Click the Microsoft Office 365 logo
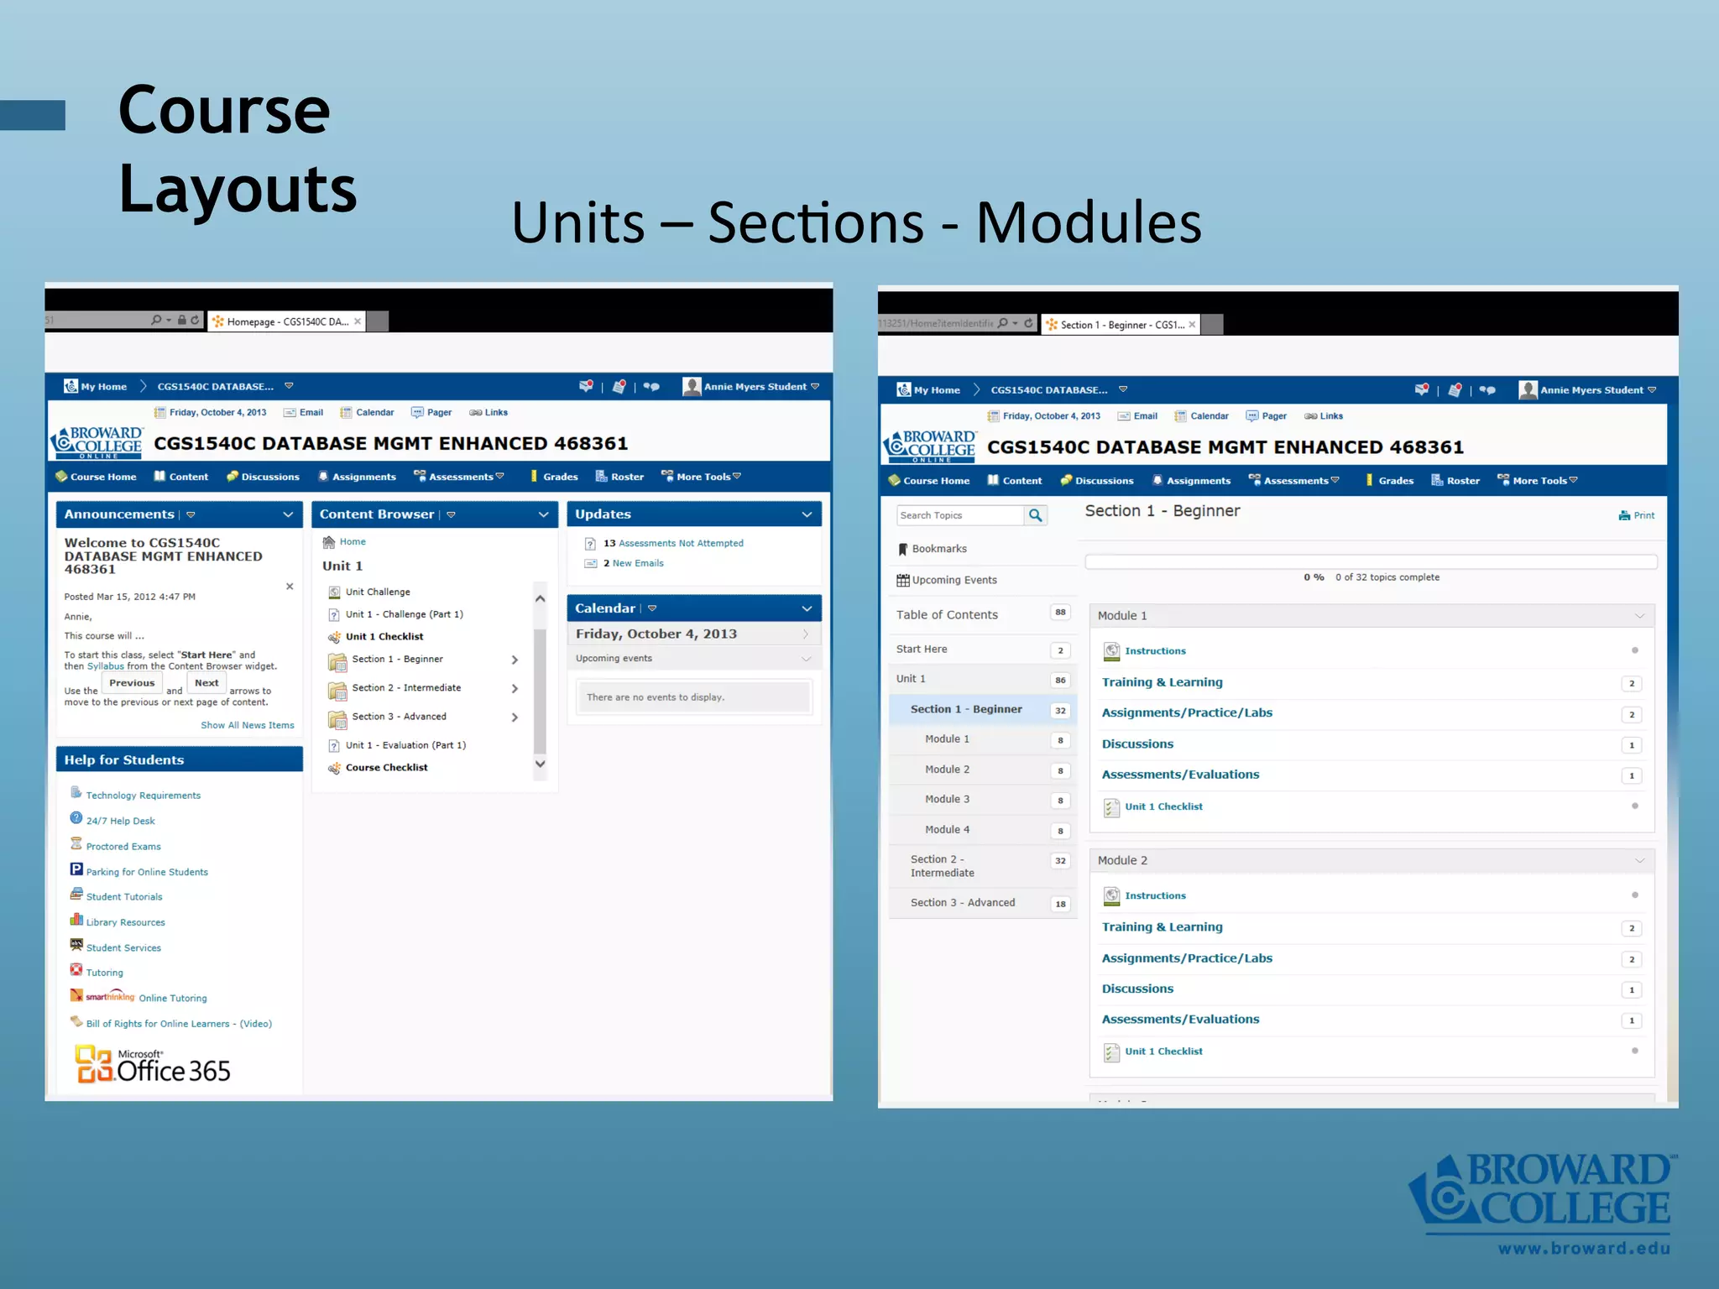(x=153, y=1064)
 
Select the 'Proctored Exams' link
(x=123, y=847)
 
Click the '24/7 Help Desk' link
(x=120, y=821)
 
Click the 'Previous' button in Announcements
(x=132, y=683)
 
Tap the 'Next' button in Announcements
(x=206, y=683)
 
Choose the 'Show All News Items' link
(x=248, y=725)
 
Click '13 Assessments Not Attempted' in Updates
(x=673, y=544)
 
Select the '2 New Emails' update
(x=634, y=564)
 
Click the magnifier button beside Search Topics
(x=1036, y=515)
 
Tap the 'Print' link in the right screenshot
(x=1638, y=515)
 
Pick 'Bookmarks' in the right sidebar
(x=938, y=549)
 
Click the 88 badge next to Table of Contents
(x=1060, y=613)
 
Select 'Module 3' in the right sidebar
(x=947, y=800)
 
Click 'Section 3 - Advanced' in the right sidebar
(x=962, y=903)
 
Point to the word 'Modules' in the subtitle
(x=1089, y=223)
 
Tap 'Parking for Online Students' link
(x=147, y=873)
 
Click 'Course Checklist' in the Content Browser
(x=386, y=768)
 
